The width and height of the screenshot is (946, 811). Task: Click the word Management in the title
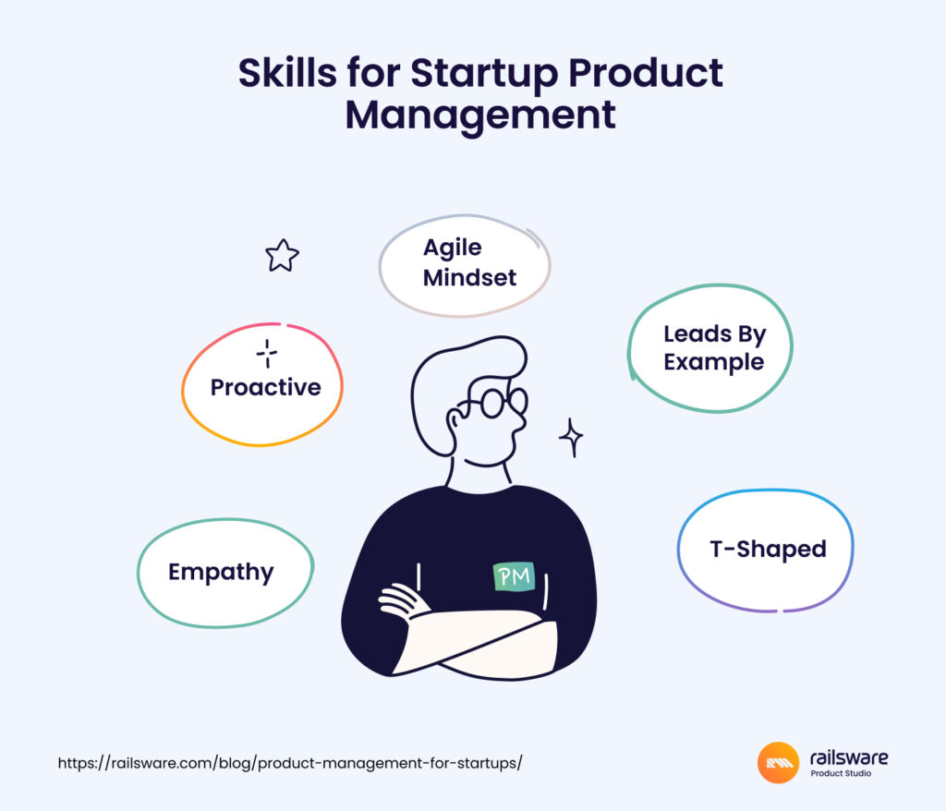pyautogui.click(x=480, y=115)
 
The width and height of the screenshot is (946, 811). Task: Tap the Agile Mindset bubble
pyautogui.click(x=465, y=265)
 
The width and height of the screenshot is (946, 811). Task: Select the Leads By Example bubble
pyautogui.click(x=710, y=348)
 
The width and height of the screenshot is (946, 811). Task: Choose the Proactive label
pyautogui.click(x=265, y=387)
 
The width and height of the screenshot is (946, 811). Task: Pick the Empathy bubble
pyautogui.click(x=225, y=573)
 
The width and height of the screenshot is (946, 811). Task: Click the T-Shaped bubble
pyautogui.click(x=765, y=550)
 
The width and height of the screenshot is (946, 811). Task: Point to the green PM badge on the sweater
pyautogui.click(x=514, y=576)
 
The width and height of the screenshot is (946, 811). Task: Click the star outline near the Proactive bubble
pyautogui.click(x=282, y=255)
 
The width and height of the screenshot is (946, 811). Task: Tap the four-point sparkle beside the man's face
pyautogui.click(x=571, y=437)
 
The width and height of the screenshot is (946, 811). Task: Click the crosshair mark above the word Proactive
pyautogui.click(x=267, y=353)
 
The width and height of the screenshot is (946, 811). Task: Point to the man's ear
pyautogui.click(x=454, y=420)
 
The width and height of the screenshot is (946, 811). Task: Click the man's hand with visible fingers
pyautogui.click(x=399, y=600)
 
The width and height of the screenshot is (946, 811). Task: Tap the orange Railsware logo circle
pyautogui.click(x=778, y=762)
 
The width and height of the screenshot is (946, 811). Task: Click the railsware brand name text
pyautogui.click(x=848, y=757)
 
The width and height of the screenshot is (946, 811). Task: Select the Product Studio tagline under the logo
pyautogui.click(x=841, y=773)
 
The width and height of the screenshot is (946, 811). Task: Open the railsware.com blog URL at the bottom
pyautogui.click(x=290, y=763)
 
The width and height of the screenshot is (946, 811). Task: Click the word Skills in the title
pyautogui.click(x=288, y=73)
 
